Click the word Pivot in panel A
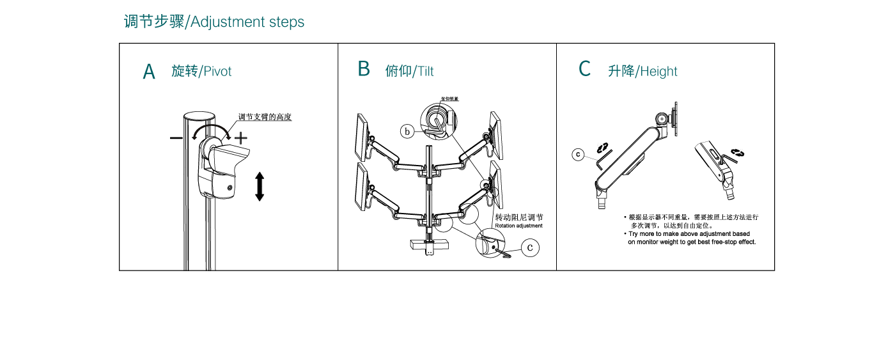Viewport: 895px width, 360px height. click(x=217, y=72)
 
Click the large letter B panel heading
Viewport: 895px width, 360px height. click(x=364, y=69)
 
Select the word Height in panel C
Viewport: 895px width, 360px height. click(x=658, y=72)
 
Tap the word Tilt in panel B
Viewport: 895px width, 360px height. click(x=426, y=72)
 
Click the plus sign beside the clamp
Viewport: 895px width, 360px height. click(x=241, y=137)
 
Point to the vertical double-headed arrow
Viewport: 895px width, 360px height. click(x=260, y=186)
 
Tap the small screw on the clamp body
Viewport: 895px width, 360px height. click(x=230, y=187)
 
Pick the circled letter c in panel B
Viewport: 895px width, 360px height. click(x=530, y=248)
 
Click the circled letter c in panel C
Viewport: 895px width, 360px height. click(x=578, y=154)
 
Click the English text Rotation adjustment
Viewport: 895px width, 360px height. click(x=518, y=226)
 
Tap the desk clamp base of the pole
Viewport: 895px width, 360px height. click(x=428, y=244)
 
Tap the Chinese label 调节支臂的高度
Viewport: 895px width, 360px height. click(x=265, y=117)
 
